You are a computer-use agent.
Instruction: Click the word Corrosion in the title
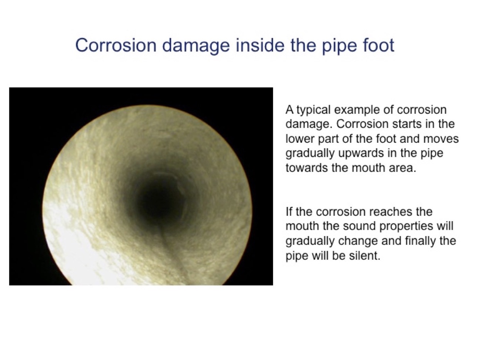(116, 45)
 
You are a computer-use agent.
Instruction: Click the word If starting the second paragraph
(289, 212)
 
